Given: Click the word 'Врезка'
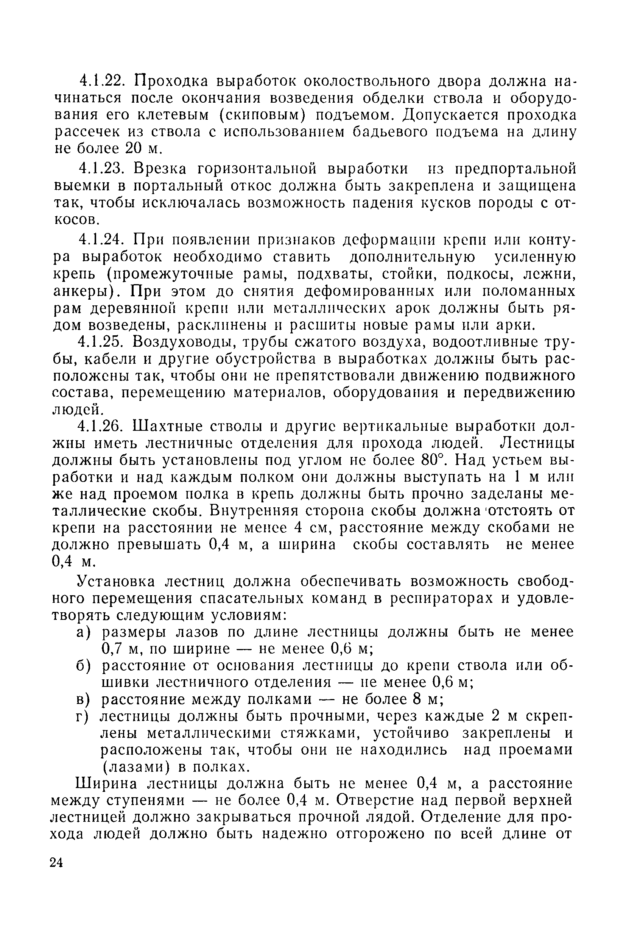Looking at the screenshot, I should pos(160,169).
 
